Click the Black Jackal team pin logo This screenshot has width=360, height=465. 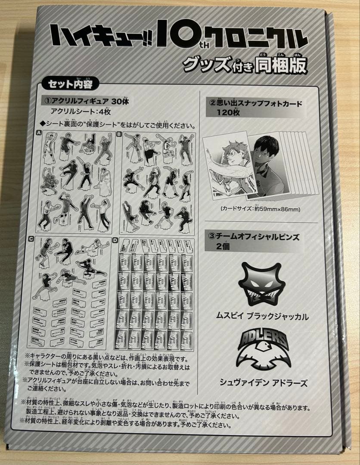click(261, 284)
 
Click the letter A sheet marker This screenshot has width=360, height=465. click(39, 133)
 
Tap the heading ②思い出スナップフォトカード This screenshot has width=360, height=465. click(256, 103)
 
